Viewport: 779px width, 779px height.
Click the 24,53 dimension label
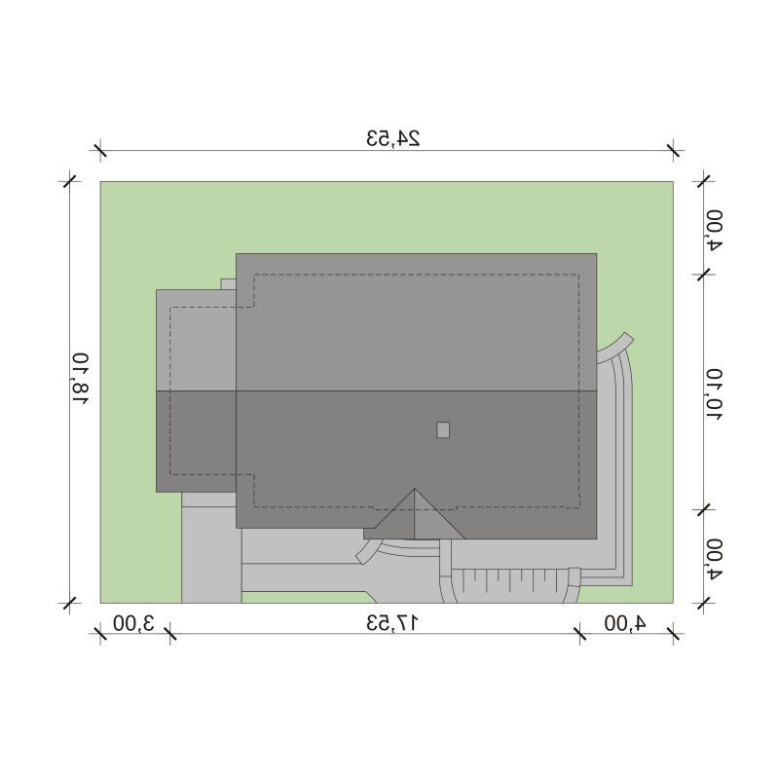pyautogui.click(x=393, y=138)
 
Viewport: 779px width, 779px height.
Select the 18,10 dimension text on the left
pyautogui.click(x=80, y=379)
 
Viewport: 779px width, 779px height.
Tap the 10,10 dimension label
pyautogui.click(x=715, y=395)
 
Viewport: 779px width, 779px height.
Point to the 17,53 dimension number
pyautogui.click(x=392, y=622)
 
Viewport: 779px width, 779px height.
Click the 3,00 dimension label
pyautogui.click(x=133, y=623)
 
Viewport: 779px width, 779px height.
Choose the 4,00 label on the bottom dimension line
pyautogui.click(x=625, y=623)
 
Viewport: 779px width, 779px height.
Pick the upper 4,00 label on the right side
pyautogui.click(x=715, y=230)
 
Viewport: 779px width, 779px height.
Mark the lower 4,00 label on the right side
pyautogui.click(x=715, y=559)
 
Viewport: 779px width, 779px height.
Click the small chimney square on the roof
pyautogui.click(x=443, y=429)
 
